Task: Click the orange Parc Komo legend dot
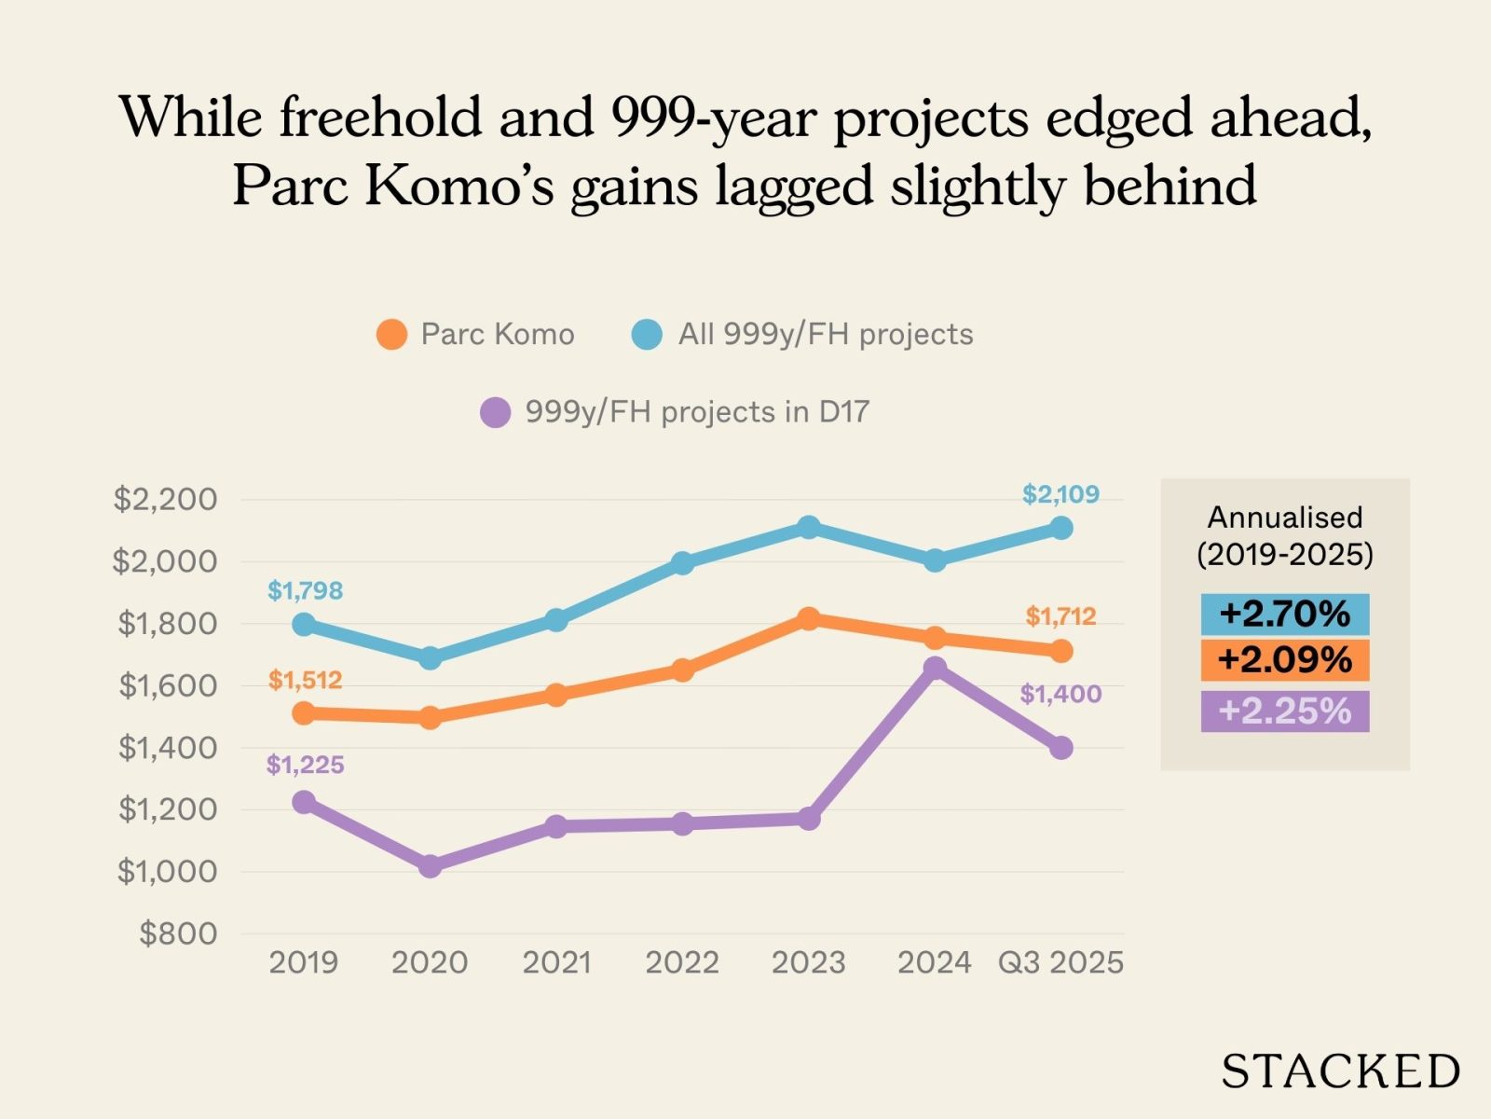click(391, 334)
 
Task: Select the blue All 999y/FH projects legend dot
click(647, 334)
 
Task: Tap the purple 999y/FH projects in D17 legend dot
click(495, 411)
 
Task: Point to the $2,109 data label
click(1060, 494)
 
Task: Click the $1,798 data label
click(305, 590)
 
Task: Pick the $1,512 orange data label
click(305, 680)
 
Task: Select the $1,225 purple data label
click(305, 765)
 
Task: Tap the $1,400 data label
click(1060, 694)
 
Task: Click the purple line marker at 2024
click(935, 668)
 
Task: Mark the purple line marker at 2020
click(430, 866)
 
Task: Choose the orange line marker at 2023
click(809, 618)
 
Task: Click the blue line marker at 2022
click(682, 563)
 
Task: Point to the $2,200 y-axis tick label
click(165, 499)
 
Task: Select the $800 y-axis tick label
click(178, 933)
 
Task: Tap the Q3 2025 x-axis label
click(1060, 962)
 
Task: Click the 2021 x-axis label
click(556, 962)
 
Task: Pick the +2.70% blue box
click(1284, 614)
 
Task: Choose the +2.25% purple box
click(1284, 711)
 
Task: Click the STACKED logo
click(1340, 1071)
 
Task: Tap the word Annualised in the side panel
click(1284, 517)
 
